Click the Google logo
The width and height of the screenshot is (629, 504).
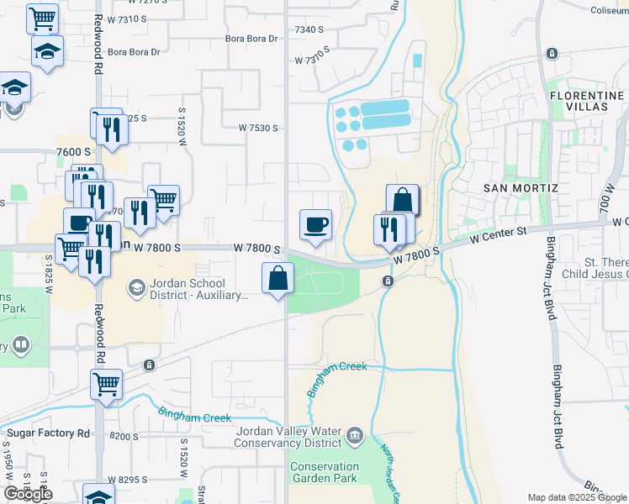coord(28,494)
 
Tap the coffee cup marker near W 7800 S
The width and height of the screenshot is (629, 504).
coord(315,225)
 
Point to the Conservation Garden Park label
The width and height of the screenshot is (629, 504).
coord(324,472)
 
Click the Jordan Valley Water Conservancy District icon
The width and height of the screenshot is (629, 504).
coord(354,434)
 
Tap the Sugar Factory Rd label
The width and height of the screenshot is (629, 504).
coord(48,433)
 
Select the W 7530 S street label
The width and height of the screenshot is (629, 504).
coord(258,128)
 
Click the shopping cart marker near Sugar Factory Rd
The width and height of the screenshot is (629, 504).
coord(106,385)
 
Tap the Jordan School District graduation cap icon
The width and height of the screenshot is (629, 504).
coord(135,289)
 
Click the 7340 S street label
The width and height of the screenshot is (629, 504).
coord(309,29)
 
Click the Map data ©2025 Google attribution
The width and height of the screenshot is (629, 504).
coord(577,497)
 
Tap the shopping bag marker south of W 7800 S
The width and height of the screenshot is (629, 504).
coord(277,279)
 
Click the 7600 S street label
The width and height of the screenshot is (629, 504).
coord(73,151)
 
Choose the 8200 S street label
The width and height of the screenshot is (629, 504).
coord(124,437)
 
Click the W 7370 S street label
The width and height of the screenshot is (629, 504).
coord(313,60)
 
